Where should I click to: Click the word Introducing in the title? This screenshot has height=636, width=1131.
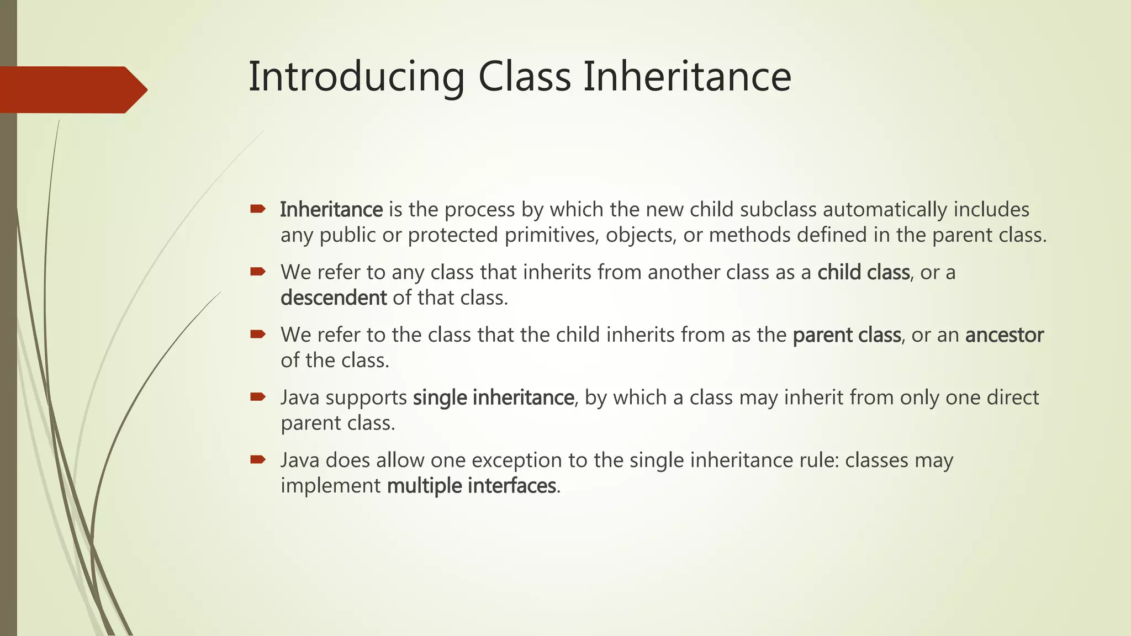(356, 77)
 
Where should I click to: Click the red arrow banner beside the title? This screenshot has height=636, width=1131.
(72, 89)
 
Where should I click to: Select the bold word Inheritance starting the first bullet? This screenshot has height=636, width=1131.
(331, 210)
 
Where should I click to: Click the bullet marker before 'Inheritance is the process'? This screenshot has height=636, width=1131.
(258, 209)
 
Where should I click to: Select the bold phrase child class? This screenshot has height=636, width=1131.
(863, 272)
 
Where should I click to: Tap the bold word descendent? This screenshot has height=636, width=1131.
(334, 298)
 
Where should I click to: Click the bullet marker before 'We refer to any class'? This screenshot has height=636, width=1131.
(258, 271)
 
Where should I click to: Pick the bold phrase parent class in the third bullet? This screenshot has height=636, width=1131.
(847, 335)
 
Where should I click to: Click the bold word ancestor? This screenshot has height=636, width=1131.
(1004, 335)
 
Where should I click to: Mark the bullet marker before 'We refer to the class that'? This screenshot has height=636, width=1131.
(258, 334)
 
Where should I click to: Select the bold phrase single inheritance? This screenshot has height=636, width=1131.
(493, 397)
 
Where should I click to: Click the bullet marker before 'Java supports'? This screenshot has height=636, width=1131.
(258, 396)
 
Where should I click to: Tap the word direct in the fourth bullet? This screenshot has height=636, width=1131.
(1013, 397)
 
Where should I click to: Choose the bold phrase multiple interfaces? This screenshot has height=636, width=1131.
(471, 486)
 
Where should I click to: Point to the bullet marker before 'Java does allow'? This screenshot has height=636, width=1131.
(258, 459)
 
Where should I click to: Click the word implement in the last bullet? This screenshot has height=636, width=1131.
(330, 486)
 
